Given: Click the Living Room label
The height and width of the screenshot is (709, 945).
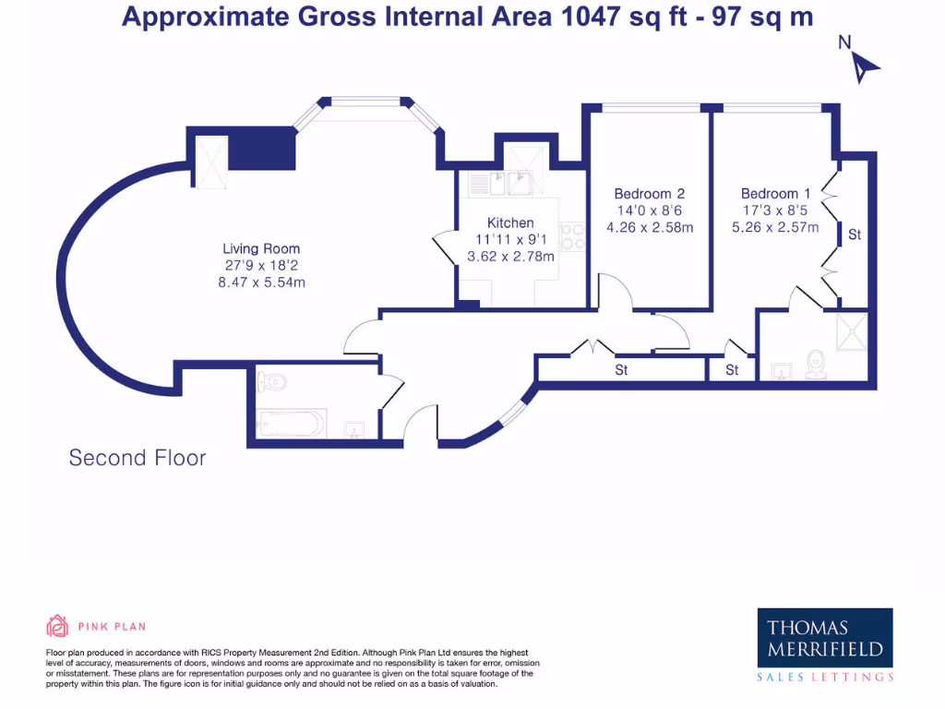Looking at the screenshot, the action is click(261, 248).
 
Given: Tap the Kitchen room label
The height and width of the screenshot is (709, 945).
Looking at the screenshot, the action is click(510, 222).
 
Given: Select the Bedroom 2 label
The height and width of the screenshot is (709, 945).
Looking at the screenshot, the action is click(649, 194).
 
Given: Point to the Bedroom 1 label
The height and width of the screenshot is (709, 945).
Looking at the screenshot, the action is click(775, 194).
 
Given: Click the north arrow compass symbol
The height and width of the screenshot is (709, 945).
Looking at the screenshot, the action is click(863, 66).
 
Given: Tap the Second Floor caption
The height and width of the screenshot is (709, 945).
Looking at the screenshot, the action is click(138, 458).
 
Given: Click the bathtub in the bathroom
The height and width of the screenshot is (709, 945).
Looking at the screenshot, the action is click(291, 423).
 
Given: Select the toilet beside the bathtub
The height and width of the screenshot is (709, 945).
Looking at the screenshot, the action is click(272, 381).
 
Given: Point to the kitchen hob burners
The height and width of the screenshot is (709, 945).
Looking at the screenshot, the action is click(572, 236).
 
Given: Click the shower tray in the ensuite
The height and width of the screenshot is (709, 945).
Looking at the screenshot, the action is click(852, 331).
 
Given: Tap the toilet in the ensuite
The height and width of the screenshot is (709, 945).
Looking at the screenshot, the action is click(816, 365).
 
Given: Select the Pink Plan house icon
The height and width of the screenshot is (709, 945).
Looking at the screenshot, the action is click(57, 626).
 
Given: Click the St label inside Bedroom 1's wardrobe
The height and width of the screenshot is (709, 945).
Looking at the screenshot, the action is click(855, 234).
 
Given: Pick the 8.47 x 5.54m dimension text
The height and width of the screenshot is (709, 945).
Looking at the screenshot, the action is click(261, 282).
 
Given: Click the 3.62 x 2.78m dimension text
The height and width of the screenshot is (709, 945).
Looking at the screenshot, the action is click(510, 257).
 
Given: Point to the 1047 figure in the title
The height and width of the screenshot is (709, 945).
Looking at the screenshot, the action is click(590, 17).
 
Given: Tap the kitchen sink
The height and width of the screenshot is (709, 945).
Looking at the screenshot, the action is click(510, 184).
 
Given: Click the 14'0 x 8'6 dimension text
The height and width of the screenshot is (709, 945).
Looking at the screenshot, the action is click(649, 210).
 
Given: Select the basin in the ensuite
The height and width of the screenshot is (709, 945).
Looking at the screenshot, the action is click(782, 371).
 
